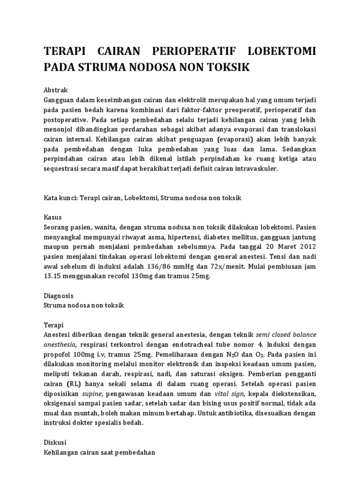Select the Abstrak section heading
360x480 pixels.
(56, 90)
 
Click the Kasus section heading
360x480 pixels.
(52, 217)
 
